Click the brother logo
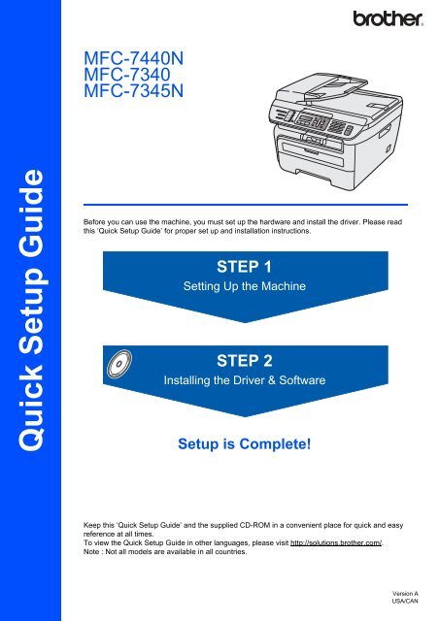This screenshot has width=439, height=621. [388, 18]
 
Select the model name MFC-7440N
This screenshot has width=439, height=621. [134, 58]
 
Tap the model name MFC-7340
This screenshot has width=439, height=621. [127, 75]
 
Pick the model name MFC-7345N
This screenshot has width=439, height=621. [134, 90]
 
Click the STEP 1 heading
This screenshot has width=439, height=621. [245, 267]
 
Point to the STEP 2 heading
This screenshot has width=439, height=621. [245, 361]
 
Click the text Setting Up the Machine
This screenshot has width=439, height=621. [245, 286]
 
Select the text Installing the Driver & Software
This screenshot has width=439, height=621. [245, 380]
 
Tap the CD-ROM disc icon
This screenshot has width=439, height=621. [119, 364]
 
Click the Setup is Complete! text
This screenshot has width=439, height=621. [245, 443]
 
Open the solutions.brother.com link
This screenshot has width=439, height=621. [336, 542]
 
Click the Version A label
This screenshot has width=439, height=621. [405, 593]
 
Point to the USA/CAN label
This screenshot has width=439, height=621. [405, 601]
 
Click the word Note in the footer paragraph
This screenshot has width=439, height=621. [91, 551]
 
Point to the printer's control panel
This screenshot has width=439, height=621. [312, 121]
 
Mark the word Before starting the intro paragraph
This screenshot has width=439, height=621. [94, 222]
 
